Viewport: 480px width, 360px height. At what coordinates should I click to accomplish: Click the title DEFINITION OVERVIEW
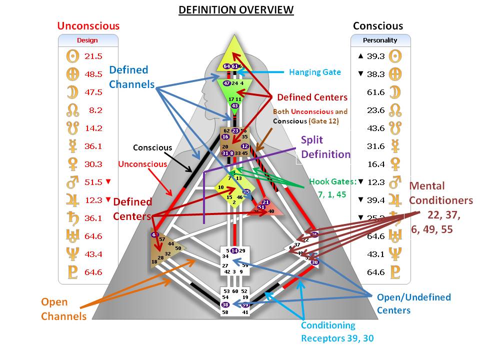(236, 10)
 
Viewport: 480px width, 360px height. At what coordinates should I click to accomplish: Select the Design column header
(87, 40)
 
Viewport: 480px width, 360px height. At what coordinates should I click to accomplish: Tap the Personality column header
(380, 40)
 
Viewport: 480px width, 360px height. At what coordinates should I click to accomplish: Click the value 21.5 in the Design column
(93, 56)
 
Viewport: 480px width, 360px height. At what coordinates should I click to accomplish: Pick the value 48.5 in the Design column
(93, 74)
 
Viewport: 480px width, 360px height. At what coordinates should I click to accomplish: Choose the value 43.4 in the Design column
(93, 254)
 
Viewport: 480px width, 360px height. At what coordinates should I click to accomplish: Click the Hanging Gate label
(314, 72)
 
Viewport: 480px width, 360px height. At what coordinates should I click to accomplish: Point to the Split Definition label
(325, 147)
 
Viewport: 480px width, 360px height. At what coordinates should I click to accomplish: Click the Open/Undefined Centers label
(413, 303)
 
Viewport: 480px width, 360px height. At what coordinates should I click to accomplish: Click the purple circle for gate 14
(234, 250)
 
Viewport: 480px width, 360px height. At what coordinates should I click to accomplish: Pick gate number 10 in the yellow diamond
(220, 187)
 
